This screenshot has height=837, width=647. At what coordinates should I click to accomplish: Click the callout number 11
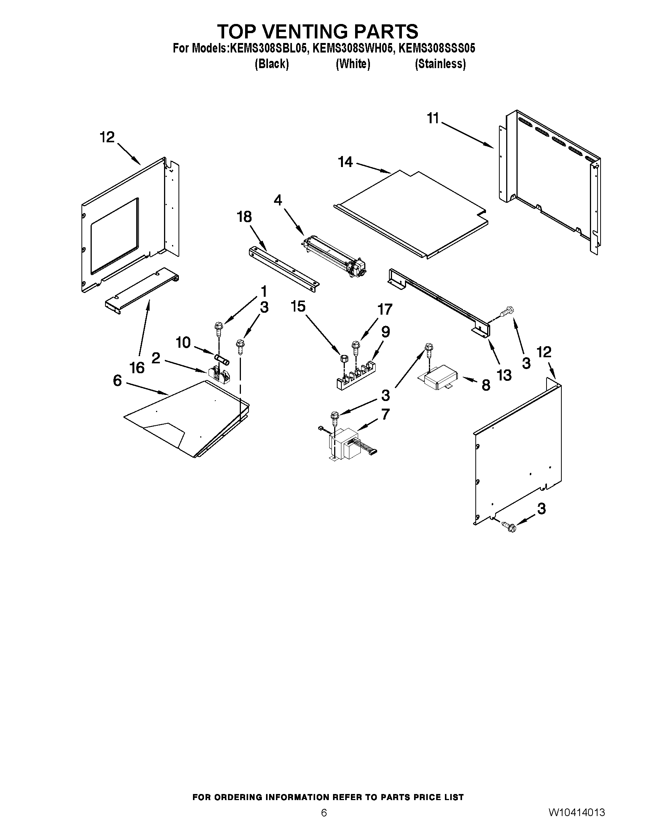(x=433, y=118)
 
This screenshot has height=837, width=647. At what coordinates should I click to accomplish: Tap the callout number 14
(x=345, y=162)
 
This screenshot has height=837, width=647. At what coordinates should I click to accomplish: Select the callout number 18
(x=244, y=217)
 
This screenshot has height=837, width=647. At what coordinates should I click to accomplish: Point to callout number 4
(x=278, y=200)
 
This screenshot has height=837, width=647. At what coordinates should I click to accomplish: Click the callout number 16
(x=137, y=368)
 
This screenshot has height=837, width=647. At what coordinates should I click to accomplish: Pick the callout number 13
(x=504, y=375)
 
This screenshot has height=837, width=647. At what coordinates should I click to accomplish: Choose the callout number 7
(x=385, y=414)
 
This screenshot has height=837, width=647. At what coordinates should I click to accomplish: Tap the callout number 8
(x=486, y=385)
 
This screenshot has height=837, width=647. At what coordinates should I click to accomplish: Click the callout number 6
(x=117, y=380)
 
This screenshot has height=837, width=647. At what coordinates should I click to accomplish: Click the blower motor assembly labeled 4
(x=334, y=258)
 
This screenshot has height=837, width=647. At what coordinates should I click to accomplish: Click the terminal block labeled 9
(x=355, y=375)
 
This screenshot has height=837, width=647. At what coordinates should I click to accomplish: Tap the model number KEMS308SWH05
(x=353, y=49)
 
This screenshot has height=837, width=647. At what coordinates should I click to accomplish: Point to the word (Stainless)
(x=440, y=64)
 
